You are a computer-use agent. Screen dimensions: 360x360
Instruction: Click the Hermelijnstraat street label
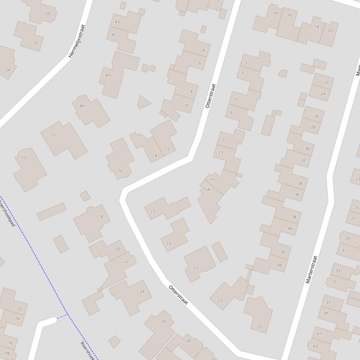77,41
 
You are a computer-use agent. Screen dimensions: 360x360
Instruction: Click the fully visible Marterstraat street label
311,269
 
